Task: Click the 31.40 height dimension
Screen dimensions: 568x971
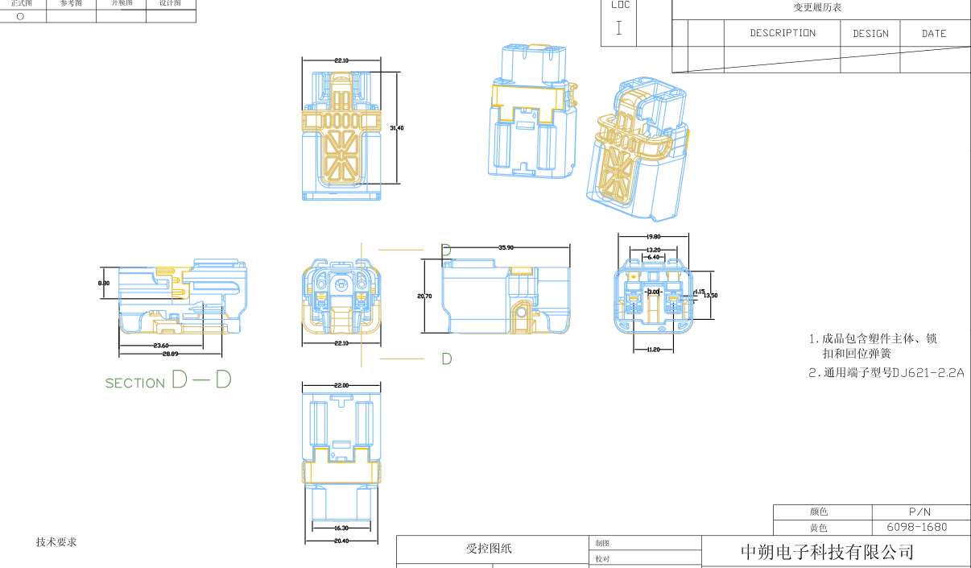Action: [396, 128]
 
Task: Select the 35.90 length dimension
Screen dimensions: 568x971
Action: [506, 247]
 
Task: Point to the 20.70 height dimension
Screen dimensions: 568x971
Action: [424, 296]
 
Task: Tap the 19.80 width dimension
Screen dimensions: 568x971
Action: [653, 237]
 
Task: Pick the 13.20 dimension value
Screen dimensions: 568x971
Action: [653, 250]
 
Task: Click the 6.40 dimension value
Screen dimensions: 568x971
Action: [653, 257]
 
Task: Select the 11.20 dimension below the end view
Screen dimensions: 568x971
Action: [653, 350]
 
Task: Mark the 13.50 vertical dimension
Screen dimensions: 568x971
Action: [710, 296]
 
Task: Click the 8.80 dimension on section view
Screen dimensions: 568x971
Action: [104, 284]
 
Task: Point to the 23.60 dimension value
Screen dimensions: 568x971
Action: [160, 346]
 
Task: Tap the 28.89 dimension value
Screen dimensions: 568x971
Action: [170, 354]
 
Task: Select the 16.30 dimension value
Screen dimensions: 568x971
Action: [341, 528]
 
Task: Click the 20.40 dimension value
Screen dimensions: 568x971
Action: [341, 541]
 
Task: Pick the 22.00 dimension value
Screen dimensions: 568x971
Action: [341, 386]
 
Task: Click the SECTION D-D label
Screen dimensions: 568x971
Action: [168, 381]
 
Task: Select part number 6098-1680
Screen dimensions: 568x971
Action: [921, 528]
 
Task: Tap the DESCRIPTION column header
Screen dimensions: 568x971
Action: [783, 33]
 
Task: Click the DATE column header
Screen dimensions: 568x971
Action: [934, 34]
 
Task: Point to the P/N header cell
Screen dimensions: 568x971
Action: [920, 512]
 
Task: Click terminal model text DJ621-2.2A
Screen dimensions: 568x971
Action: [928, 373]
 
